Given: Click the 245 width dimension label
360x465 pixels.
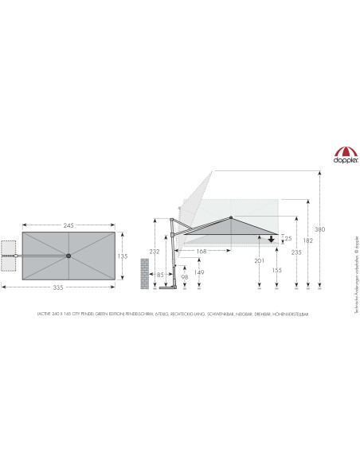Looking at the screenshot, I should point(68,226).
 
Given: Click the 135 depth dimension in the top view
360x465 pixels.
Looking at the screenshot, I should point(123,256).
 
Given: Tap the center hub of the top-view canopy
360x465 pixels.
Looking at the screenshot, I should point(68,256).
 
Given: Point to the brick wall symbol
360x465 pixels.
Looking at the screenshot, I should point(144,273).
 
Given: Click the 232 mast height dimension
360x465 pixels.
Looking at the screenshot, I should point(154,252).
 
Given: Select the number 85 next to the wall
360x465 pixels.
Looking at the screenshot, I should point(161,275).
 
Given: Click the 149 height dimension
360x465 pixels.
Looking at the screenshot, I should point(199,272).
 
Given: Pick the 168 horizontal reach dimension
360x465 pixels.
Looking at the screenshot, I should point(202,252).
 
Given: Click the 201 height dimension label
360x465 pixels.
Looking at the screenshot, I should point(259,260).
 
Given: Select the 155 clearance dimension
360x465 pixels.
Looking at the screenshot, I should point(276,271).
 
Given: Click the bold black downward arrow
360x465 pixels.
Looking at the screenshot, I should point(271,238).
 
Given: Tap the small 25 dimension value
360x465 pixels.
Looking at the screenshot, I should point(288,238).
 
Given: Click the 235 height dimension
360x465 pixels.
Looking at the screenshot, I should point(296,252).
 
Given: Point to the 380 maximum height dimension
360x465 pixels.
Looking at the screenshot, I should point(319,229).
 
